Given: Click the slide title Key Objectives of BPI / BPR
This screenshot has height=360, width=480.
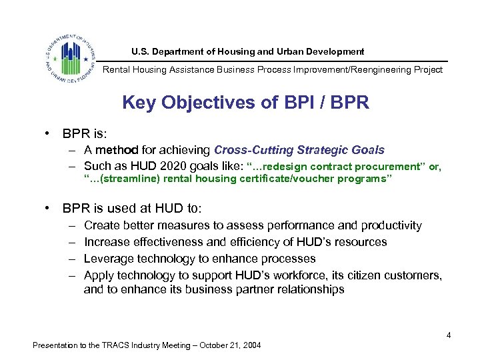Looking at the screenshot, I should (x=245, y=103).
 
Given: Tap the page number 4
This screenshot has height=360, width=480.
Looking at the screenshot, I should (x=449, y=335).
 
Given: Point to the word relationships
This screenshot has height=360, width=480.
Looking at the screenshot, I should (x=306, y=289).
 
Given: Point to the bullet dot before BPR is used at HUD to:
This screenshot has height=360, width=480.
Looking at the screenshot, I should (x=49, y=207).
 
